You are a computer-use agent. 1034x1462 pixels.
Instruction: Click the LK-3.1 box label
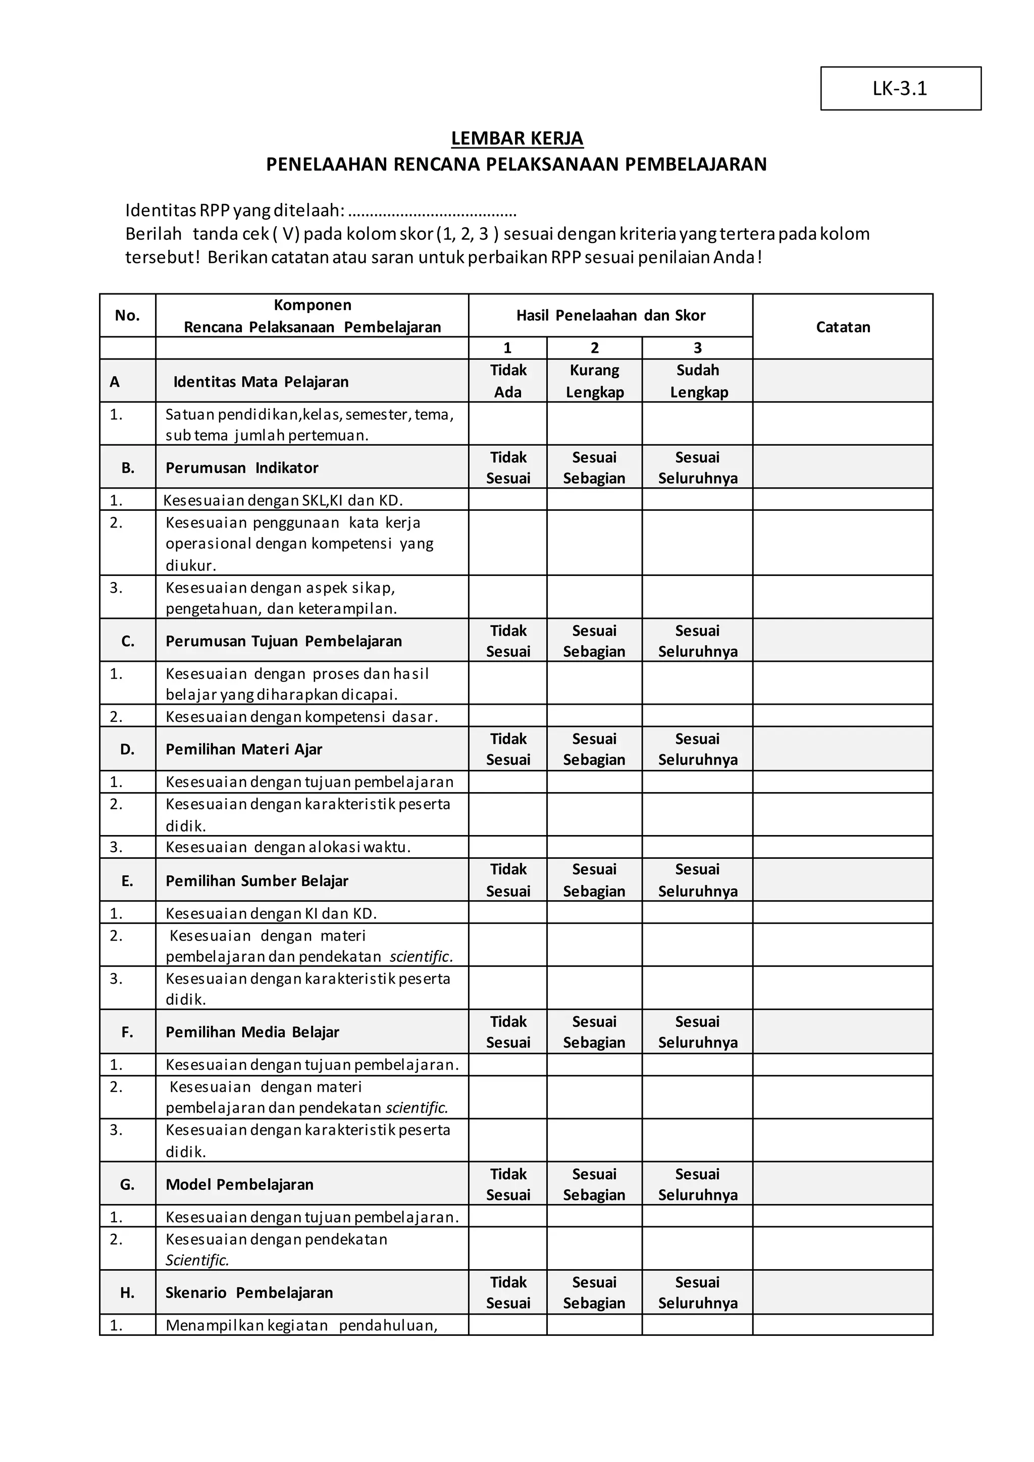pyautogui.click(x=900, y=88)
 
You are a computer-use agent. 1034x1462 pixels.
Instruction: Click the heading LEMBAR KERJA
pyautogui.click(x=516, y=138)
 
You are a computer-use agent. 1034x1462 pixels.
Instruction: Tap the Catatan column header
pyautogui.click(x=842, y=327)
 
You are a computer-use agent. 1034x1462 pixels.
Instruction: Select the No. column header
pyautogui.click(x=127, y=315)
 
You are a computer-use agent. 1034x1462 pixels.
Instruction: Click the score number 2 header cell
pyautogui.click(x=594, y=348)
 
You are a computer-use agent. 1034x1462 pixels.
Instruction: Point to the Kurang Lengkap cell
pyautogui.click(x=594, y=381)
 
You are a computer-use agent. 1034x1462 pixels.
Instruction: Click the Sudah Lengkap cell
pyautogui.click(x=697, y=381)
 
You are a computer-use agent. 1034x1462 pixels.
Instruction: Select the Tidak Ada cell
pyautogui.click(x=507, y=381)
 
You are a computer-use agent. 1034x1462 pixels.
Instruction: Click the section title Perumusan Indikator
pyautogui.click(x=242, y=467)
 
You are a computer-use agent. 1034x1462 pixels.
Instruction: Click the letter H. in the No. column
pyautogui.click(x=127, y=1292)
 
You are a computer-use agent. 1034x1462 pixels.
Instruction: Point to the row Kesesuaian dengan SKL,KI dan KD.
pyautogui.click(x=283, y=500)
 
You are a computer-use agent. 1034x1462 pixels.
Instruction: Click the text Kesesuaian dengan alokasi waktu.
pyautogui.click(x=288, y=847)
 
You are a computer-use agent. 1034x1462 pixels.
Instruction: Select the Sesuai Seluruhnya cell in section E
pyautogui.click(x=697, y=880)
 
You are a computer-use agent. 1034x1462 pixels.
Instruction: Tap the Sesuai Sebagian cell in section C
pyautogui.click(x=594, y=641)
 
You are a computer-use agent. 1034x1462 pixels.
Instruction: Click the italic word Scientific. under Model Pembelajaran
pyautogui.click(x=197, y=1260)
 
